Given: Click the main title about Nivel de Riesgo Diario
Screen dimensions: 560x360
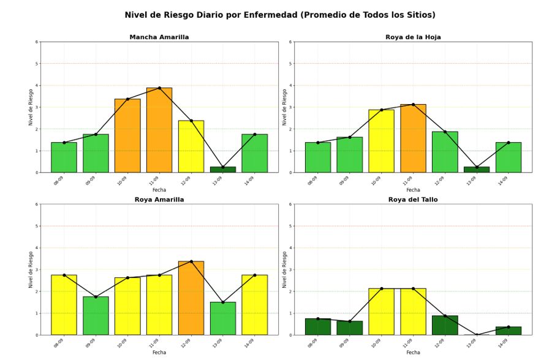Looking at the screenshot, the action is (x=280, y=15).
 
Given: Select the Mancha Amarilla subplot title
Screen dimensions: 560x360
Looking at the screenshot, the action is (x=159, y=37).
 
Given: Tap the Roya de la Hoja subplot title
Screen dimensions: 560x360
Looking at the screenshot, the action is (x=413, y=37).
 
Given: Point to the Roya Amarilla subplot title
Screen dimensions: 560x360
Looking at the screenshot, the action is (x=159, y=200).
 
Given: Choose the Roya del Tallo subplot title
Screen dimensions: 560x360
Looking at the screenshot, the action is (x=413, y=200).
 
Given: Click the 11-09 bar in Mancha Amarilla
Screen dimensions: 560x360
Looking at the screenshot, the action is (x=159, y=130).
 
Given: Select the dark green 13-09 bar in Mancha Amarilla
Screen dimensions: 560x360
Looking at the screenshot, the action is (x=223, y=170).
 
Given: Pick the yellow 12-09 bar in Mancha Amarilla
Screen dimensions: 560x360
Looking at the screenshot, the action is (x=191, y=147).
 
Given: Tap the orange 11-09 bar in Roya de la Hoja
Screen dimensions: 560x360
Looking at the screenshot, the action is (x=413, y=138).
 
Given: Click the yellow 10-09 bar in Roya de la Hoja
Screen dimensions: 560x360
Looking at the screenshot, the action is (x=382, y=141).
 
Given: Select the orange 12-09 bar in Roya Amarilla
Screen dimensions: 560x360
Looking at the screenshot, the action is (x=191, y=298).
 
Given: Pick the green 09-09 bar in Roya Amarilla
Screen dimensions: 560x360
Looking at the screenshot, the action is (x=96, y=316).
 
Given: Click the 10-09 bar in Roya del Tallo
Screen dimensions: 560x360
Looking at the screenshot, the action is (x=382, y=312).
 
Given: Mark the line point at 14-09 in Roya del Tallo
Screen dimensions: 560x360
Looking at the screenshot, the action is (x=509, y=327).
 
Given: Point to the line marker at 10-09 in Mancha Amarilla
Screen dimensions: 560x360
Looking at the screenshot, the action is (x=127, y=99).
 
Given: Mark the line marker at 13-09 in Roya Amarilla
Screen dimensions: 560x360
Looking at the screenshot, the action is (x=223, y=302).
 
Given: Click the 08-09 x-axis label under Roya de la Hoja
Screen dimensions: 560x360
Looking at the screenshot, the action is (x=312, y=181).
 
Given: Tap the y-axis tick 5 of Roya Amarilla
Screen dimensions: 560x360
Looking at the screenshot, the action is (x=36, y=226).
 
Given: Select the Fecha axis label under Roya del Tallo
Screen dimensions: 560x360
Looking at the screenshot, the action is (x=413, y=353).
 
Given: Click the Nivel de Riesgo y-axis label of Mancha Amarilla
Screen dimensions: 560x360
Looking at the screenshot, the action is (x=31, y=107).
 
